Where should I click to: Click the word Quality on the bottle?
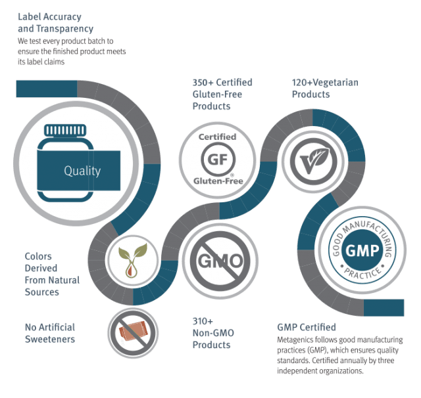coord(82,171)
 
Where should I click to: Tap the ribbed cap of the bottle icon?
coord(65,130)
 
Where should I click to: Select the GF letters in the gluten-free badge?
coord(218,160)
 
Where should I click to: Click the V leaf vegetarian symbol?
coord(314,162)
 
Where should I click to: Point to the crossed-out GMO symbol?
coord(220,261)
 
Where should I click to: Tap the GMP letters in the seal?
coord(362,251)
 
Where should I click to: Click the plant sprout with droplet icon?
coord(133,260)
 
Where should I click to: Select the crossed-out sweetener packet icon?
coord(133,333)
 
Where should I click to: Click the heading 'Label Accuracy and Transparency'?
coord(55,22)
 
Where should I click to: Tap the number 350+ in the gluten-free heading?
coord(203,83)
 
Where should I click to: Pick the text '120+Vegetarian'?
coord(325,83)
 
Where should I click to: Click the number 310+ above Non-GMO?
coord(203,321)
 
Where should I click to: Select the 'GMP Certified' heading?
coord(307,327)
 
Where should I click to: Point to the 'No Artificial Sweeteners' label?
coord(50,333)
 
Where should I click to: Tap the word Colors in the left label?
coord(38,257)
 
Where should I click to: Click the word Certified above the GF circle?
coord(217,137)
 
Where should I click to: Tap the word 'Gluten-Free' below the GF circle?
coord(218,181)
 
